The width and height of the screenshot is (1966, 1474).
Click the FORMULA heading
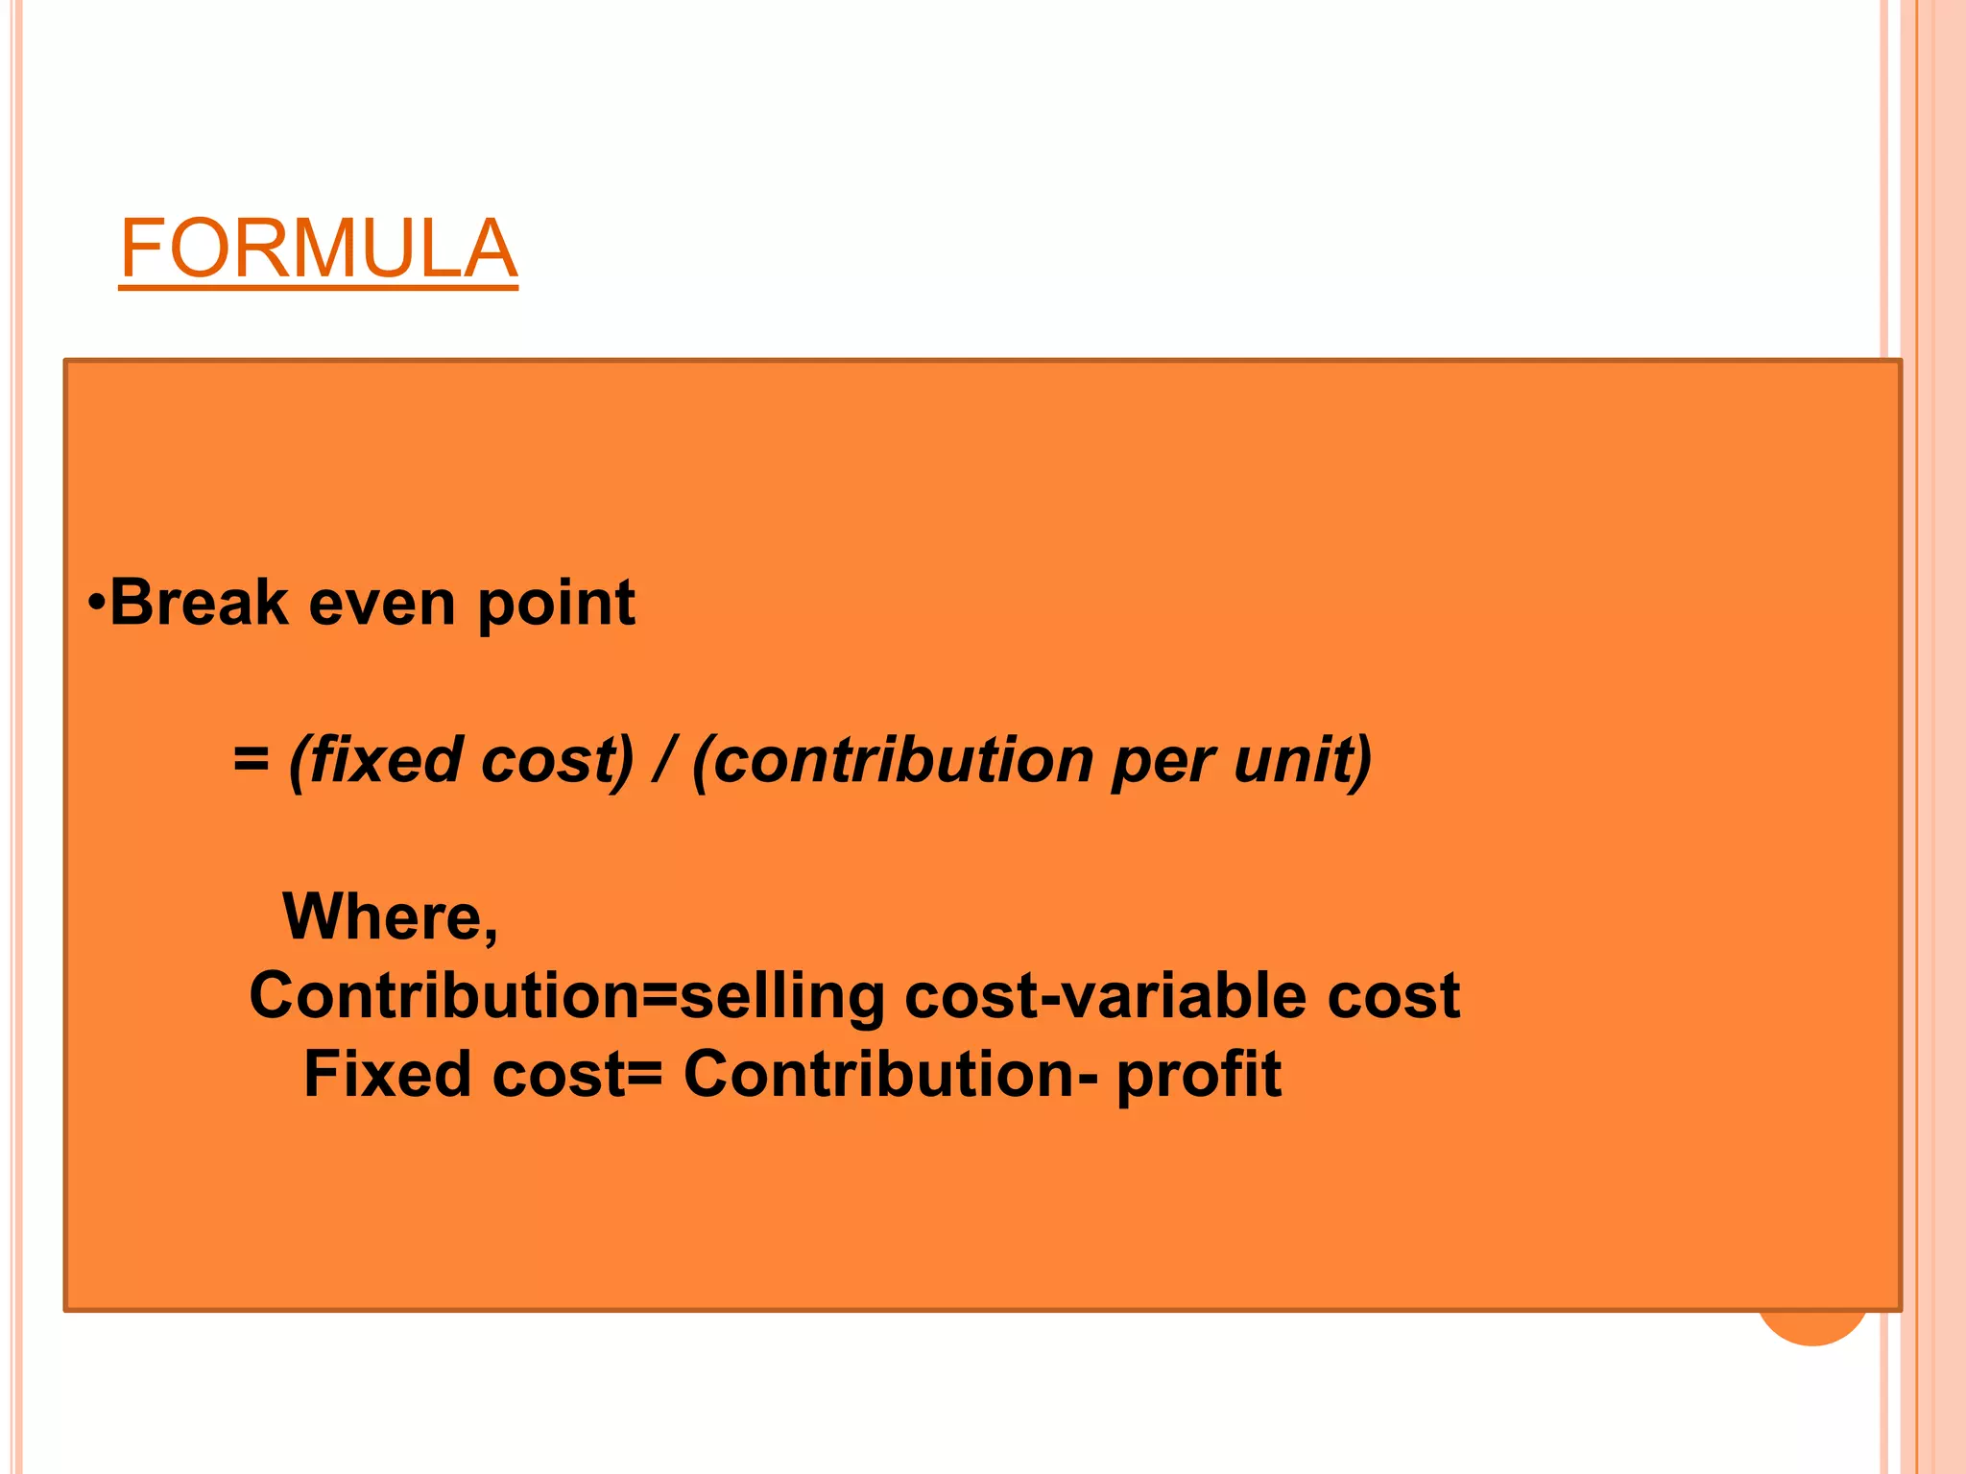coord(318,249)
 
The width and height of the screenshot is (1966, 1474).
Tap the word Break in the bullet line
coord(199,604)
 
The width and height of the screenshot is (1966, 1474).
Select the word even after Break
coord(382,604)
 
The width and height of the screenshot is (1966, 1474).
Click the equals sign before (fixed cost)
coord(251,759)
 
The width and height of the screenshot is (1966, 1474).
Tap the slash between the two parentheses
coord(661,760)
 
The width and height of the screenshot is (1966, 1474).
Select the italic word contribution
coord(903,760)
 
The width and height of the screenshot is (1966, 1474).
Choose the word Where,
coord(390,917)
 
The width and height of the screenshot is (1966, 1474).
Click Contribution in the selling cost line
coord(444,995)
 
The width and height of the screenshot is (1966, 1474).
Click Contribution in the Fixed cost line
coord(878,1074)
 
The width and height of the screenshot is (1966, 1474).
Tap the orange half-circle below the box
coord(1811,1329)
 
